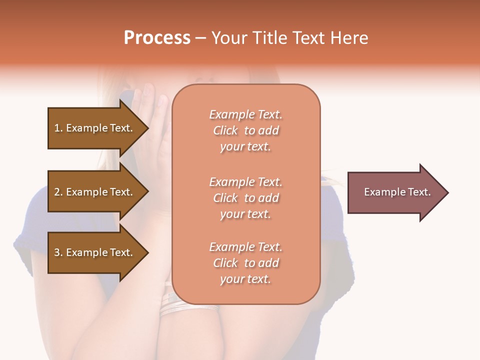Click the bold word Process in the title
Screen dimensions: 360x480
coord(157,38)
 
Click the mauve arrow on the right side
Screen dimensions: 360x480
coord(395,192)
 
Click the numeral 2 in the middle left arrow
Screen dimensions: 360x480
coord(57,192)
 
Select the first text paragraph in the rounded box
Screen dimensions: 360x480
coord(245,130)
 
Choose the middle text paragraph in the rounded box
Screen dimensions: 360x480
coord(245,198)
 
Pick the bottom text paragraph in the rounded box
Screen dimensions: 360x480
coord(245,263)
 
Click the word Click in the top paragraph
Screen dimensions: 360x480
coord(225,131)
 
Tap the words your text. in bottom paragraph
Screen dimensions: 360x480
coord(245,279)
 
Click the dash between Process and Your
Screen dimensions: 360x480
coord(201,38)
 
